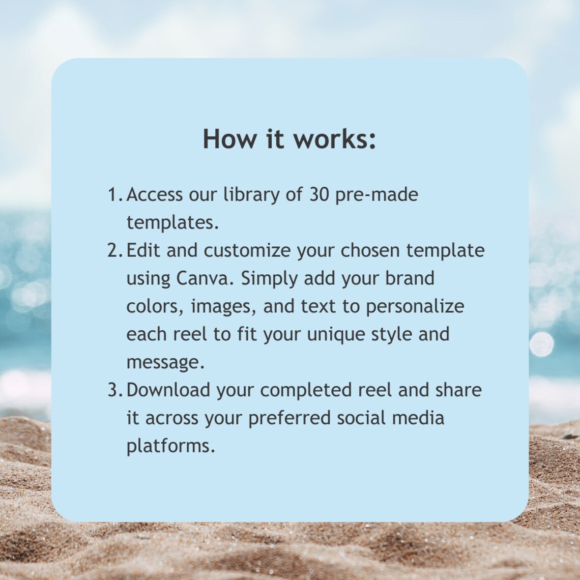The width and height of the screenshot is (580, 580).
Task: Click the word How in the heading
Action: pos(229,139)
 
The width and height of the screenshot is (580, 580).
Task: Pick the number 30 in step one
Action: pos(319,194)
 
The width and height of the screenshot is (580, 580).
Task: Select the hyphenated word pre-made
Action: pos(376,195)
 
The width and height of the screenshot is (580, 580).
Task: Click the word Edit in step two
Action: pos(143,250)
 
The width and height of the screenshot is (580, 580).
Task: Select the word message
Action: pos(165,362)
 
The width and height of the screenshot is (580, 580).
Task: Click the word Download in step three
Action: pos(168,390)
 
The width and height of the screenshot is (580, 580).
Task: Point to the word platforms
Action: pos(170,446)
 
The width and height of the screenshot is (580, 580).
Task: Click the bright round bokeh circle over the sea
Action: pos(541,344)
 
